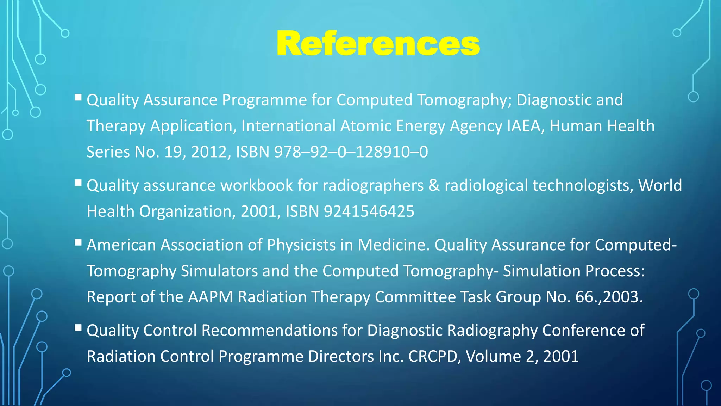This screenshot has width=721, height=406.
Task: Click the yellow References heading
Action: (x=378, y=44)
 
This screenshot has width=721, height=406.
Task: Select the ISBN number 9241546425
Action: (x=369, y=211)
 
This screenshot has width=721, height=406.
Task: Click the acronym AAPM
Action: (x=211, y=297)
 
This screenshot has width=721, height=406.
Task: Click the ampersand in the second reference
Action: (x=434, y=185)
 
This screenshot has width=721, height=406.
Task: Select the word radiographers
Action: (x=373, y=185)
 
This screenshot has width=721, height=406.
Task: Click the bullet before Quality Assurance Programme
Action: (x=78, y=97)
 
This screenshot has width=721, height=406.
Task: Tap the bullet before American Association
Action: (x=78, y=242)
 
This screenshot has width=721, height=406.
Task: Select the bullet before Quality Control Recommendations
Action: (x=78, y=328)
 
